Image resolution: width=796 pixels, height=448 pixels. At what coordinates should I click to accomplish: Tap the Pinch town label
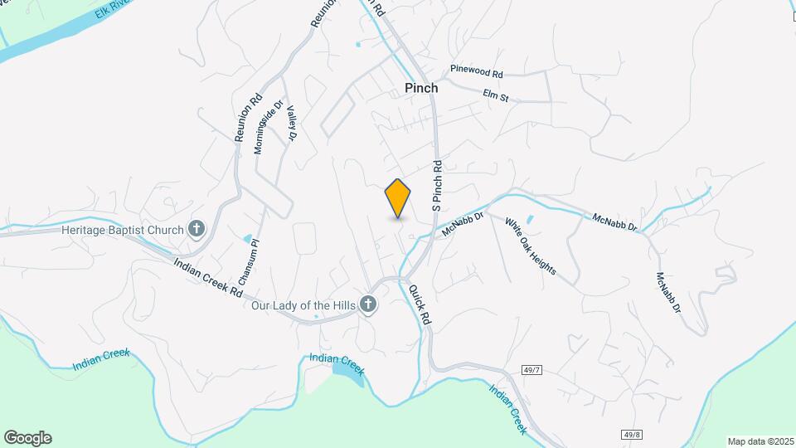click(421, 88)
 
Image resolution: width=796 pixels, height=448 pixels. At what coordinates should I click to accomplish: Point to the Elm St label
click(495, 97)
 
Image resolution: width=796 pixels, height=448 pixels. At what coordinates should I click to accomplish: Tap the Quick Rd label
click(420, 304)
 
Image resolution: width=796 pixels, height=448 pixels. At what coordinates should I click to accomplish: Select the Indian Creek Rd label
click(207, 279)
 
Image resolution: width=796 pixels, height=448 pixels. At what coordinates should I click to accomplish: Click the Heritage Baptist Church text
click(122, 230)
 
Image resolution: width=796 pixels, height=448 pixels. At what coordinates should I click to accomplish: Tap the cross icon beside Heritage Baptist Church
click(197, 229)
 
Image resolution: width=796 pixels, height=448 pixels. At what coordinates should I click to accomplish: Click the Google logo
click(27, 438)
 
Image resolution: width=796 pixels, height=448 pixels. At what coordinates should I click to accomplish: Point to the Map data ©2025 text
click(760, 441)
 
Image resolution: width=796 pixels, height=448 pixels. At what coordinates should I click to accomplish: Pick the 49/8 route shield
click(632, 434)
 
